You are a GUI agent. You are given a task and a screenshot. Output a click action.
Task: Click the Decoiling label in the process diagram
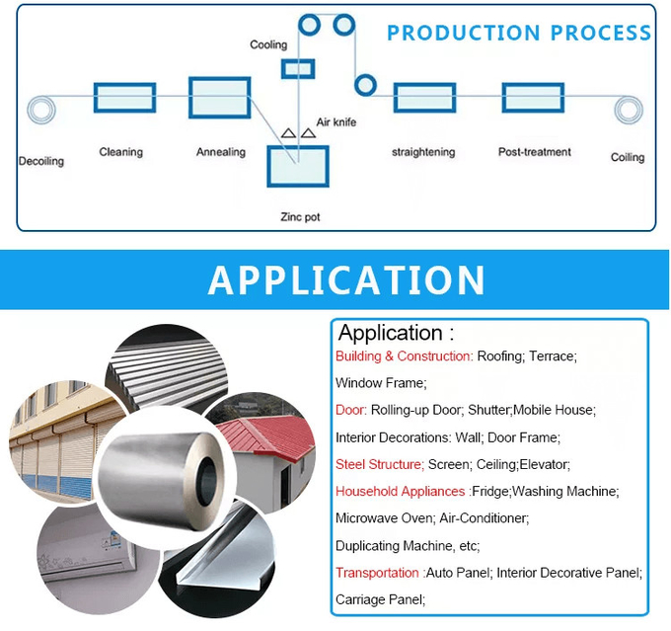[x=40, y=161]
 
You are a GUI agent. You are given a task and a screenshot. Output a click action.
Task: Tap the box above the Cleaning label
[x=124, y=98]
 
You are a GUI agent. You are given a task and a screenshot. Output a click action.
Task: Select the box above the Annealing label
[x=220, y=97]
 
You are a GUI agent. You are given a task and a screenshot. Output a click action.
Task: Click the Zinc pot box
[x=299, y=165]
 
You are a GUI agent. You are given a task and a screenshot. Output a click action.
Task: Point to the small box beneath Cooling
[x=298, y=68]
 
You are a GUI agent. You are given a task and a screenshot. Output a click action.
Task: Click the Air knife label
[x=335, y=122]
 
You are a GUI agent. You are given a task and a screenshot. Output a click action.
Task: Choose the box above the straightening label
[x=424, y=98]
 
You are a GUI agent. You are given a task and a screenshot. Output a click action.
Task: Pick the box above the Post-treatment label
[x=533, y=98]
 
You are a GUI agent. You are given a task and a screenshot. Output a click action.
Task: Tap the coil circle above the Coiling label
[x=628, y=109]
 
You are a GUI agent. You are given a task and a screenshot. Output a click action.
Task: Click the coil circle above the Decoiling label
[x=40, y=110]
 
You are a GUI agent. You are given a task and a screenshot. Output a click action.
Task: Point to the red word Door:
[x=351, y=410]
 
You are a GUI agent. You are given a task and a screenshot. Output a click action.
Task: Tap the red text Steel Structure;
[x=380, y=464]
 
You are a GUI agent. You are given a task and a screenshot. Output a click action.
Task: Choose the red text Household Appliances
[x=400, y=491]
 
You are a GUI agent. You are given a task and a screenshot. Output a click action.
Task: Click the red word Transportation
[x=377, y=573]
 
